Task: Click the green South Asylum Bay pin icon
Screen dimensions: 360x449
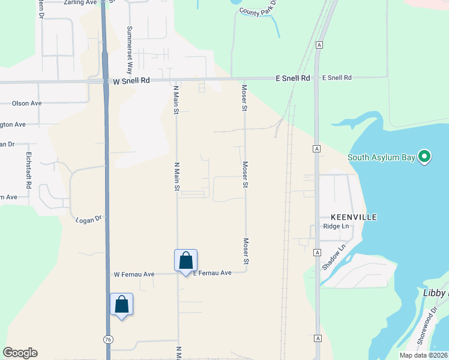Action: (x=425, y=157)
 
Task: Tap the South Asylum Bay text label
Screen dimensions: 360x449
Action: (x=382, y=158)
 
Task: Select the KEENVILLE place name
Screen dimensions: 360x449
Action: (x=354, y=217)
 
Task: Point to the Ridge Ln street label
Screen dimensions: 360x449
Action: (x=336, y=226)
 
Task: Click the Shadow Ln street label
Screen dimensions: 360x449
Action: (x=334, y=257)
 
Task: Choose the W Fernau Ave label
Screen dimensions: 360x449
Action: (x=134, y=274)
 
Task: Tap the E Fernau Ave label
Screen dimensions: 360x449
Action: (x=212, y=273)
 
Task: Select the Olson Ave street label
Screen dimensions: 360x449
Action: (x=26, y=103)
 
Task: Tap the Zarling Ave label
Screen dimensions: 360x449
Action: (x=80, y=2)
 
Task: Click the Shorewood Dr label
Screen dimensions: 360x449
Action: (x=426, y=329)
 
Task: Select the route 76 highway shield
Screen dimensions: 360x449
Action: (x=107, y=339)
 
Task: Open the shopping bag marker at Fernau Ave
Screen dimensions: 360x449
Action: (x=186, y=260)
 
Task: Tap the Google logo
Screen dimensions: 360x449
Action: (x=20, y=353)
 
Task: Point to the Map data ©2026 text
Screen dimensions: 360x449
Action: (x=423, y=355)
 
